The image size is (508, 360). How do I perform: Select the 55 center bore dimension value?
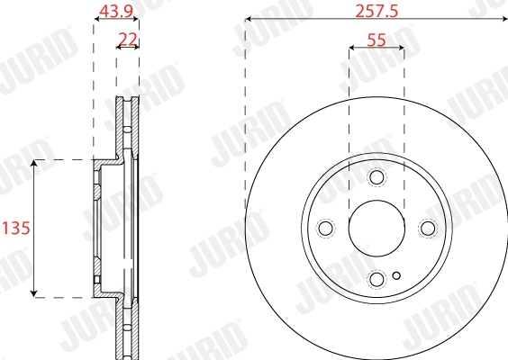point(376,40)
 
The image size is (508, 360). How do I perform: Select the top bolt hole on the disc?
point(376,177)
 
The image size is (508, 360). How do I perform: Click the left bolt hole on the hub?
point(326,228)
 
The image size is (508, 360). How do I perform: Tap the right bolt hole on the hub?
point(427,228)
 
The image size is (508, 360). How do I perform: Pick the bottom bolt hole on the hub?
point(376,278)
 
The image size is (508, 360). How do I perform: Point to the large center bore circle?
point(376,228)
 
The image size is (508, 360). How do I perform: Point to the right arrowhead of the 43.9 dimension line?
point(135,19)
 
